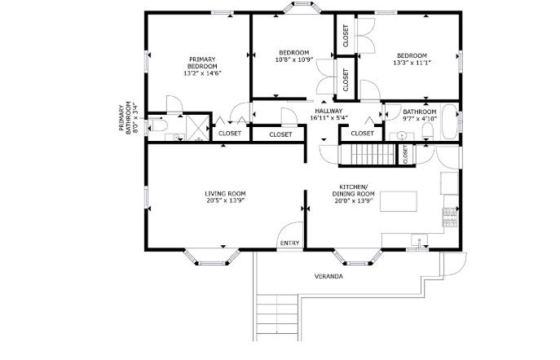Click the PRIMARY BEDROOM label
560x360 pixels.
[x=202, y=63]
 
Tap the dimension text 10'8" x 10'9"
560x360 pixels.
[x=294, y=59]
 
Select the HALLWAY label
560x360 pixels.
[x=329, y=111]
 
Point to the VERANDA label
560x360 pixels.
[x=329, y=276]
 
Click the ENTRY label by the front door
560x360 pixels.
[x=289, y=243]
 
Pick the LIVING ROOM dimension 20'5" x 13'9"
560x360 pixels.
[x=225, y=200]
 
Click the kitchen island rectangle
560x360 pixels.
[x=399, y=201]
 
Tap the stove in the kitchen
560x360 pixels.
[x=450, y=217]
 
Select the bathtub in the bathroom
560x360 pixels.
[x=449, y=122]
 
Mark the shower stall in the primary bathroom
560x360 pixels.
[x=197, y=127]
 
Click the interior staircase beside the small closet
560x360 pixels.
[x=368, y=154]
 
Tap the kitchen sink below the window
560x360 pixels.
[x=420, y=239]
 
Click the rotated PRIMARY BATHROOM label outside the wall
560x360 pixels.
[x=127, y=118]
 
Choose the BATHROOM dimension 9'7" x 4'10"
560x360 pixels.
[x=420, y=119]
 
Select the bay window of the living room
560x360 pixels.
[x=212, y=257]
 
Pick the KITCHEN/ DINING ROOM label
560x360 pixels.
[x=354, y=190]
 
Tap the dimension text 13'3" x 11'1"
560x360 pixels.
[x=412, y=63]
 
